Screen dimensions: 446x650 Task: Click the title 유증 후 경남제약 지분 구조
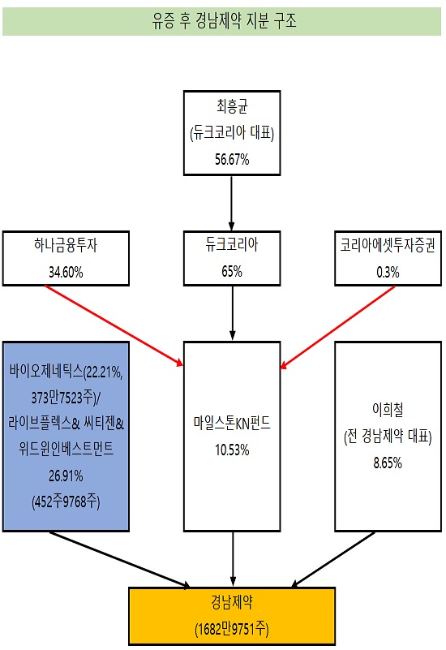[x=224, y=21]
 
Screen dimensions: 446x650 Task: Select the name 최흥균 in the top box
[x=232, y=106]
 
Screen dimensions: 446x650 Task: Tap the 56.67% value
[x=232, y=159]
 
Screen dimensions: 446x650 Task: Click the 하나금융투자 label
[x=66, y=245]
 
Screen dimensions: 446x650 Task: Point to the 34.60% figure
[x=66, y=272]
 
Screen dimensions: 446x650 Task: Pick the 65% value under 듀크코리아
[x=232, y=271]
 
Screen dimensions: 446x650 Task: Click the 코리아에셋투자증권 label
[x=388, y=245]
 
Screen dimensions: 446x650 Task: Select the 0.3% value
[x=388, y=272]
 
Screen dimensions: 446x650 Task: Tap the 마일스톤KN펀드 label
[x=232, y=423]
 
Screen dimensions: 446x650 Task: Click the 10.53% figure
[x=232, y=450]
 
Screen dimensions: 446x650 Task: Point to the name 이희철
[x=388, y=409]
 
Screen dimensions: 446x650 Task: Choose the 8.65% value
[x=388, y=463]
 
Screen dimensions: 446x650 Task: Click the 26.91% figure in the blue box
[x=66, y=476]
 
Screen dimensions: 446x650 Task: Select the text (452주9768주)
[x=66, y=501]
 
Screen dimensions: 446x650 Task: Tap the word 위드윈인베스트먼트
[x=66, y=449]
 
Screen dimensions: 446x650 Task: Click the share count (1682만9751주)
[x=232, y=629]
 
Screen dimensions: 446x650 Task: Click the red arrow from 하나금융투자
[x=114, y=326]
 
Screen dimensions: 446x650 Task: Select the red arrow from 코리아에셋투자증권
[x=337, y=327]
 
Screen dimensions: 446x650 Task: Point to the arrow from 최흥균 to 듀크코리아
[x=231, y=203]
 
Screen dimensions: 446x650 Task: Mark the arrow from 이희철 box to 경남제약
[x=333, y=560]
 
